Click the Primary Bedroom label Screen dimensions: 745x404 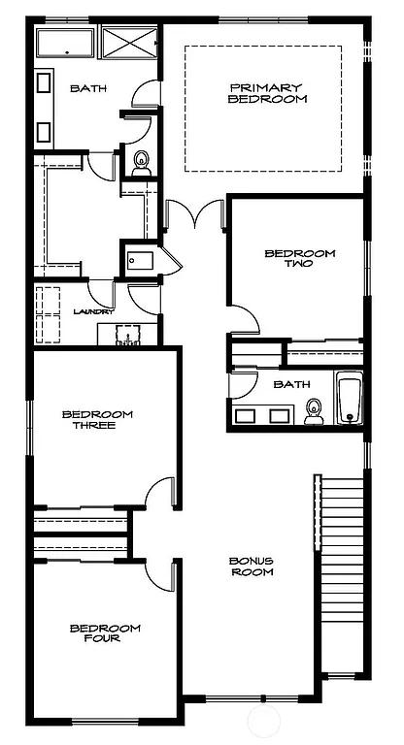pyautogui.click(x=268, y=93)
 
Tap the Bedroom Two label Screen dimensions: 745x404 pyautogui.click(x=299, y=258)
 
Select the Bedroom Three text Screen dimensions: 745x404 pyautogui.click(x=96, y=420)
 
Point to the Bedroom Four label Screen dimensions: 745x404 pyautogui.click(x=105, y=632)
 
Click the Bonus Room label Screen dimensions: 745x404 pyautogui.click(x=251, y=567)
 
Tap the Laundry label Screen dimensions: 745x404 pyautogui.click(x=94, y=311)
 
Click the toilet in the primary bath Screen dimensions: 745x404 pyautogui.click(x=141, y=162)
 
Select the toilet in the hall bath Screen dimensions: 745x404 pyautogui.click(x=313, y=412)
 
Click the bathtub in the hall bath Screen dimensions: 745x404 pyautogui.click(x=349, y=399)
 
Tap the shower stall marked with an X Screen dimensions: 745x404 pyautogui.click(x=128, y=44)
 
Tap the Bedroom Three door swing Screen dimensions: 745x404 pyautogui.click(x=160, y=492)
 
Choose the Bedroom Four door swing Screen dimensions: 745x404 pyautogui.click(x=160, y=574)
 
